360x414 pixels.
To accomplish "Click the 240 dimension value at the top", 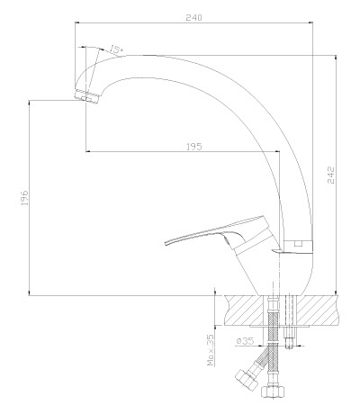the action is point(193,17).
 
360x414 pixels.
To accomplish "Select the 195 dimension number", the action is point(194,147).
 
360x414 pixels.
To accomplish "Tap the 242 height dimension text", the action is point(330,175).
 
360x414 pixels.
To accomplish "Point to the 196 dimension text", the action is point(24,198).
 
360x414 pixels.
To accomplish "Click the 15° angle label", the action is point(116,49).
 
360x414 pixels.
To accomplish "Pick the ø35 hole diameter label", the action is point(245,341).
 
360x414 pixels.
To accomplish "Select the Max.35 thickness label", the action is point(211,350).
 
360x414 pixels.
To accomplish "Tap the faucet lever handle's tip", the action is point(166,243).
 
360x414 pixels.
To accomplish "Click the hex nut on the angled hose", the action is point(247,380).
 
